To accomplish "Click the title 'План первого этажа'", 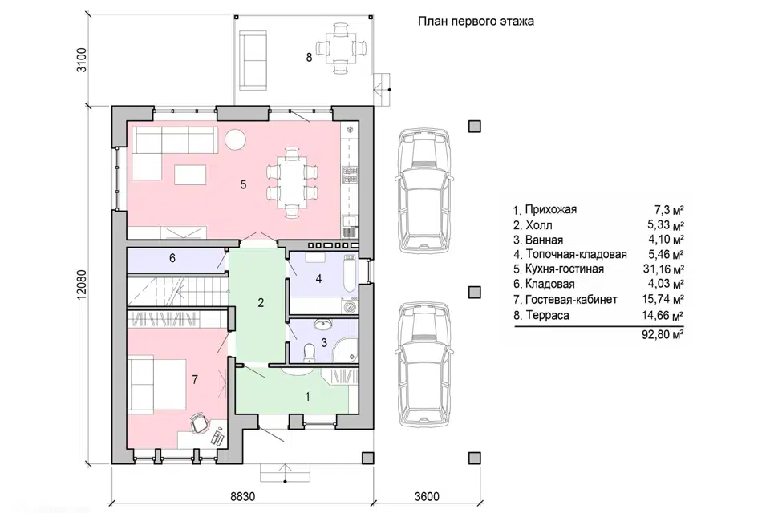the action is coord(476,22).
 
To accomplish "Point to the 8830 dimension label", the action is coord(243,496).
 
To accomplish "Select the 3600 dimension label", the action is coord(426,496).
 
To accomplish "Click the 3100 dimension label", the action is coord(82,60).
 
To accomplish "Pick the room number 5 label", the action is coord(244,184).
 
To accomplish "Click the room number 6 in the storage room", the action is coord(172,258).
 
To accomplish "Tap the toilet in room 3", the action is coord(310,352).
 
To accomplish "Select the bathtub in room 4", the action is coord(348,273).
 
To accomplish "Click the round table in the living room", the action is coord(235,139).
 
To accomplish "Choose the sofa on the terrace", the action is coord(253,60).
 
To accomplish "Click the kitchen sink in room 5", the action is coord(350,226).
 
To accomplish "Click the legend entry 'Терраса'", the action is coord(547,315).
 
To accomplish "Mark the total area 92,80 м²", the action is coord(663,335).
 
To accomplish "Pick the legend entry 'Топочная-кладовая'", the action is coord(576,254).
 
